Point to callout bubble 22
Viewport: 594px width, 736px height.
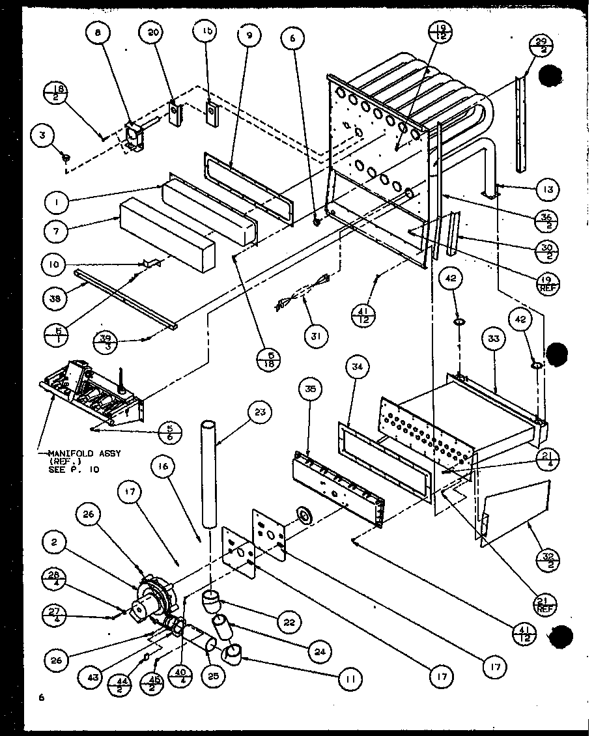tap(289, 622)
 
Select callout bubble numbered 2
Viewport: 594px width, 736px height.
tap(57, 541)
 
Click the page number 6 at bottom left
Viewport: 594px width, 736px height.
tap(41, 698)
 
